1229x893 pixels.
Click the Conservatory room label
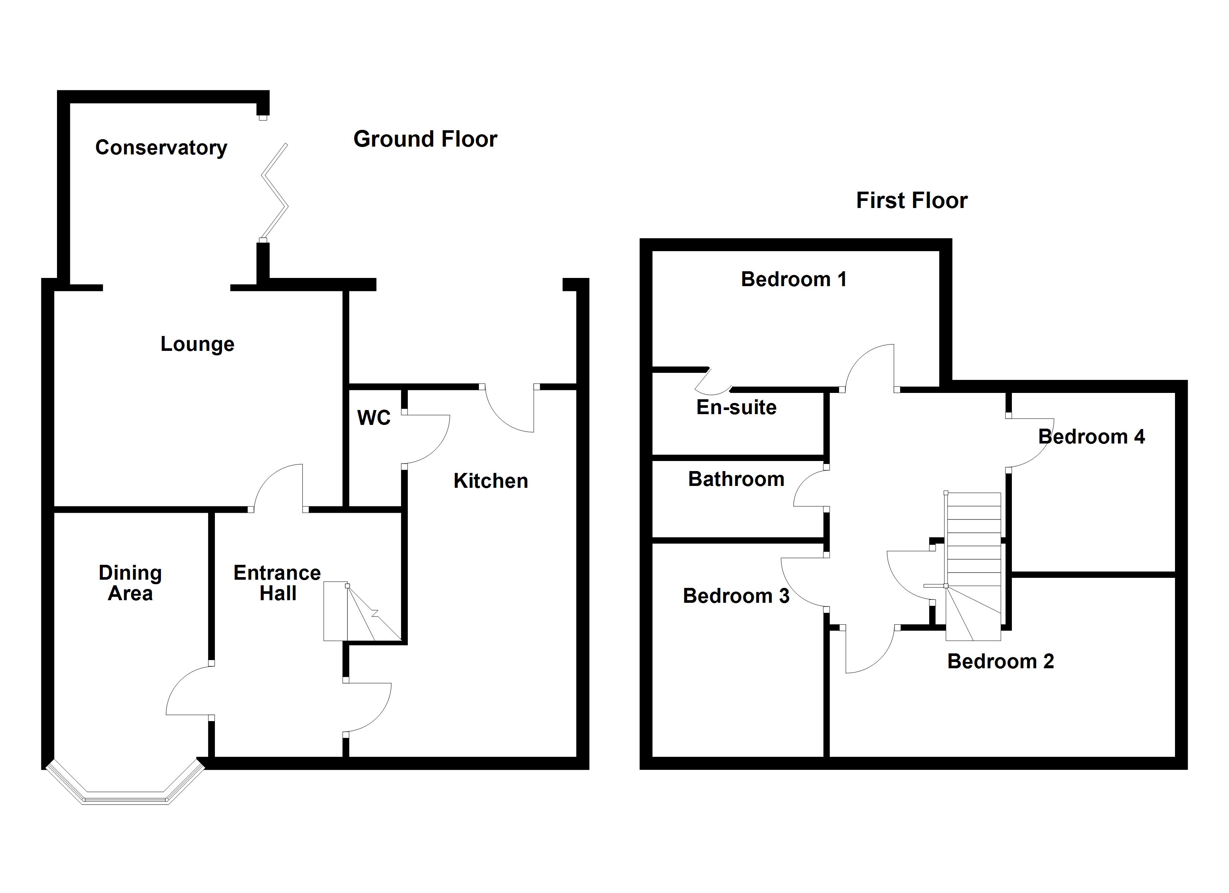click(161, 147)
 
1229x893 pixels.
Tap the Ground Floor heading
click(425, 139)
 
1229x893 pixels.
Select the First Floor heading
click(911, 201)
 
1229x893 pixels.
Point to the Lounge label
click(197, 344)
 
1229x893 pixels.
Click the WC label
click(374, 417)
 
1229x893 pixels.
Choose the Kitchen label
click(490, 481)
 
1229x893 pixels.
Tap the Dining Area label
click(130, 583)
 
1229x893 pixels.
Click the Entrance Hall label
click(277, 583)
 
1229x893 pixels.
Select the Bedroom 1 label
click(793, 279)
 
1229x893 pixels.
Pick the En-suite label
click(736, 407)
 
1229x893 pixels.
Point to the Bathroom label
click(736, 479)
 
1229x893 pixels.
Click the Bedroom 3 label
click(736, 596)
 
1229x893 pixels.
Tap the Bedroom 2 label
click(1000, 661)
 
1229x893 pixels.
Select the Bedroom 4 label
click(1091, 436)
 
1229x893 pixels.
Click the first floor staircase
click(973, 563)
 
